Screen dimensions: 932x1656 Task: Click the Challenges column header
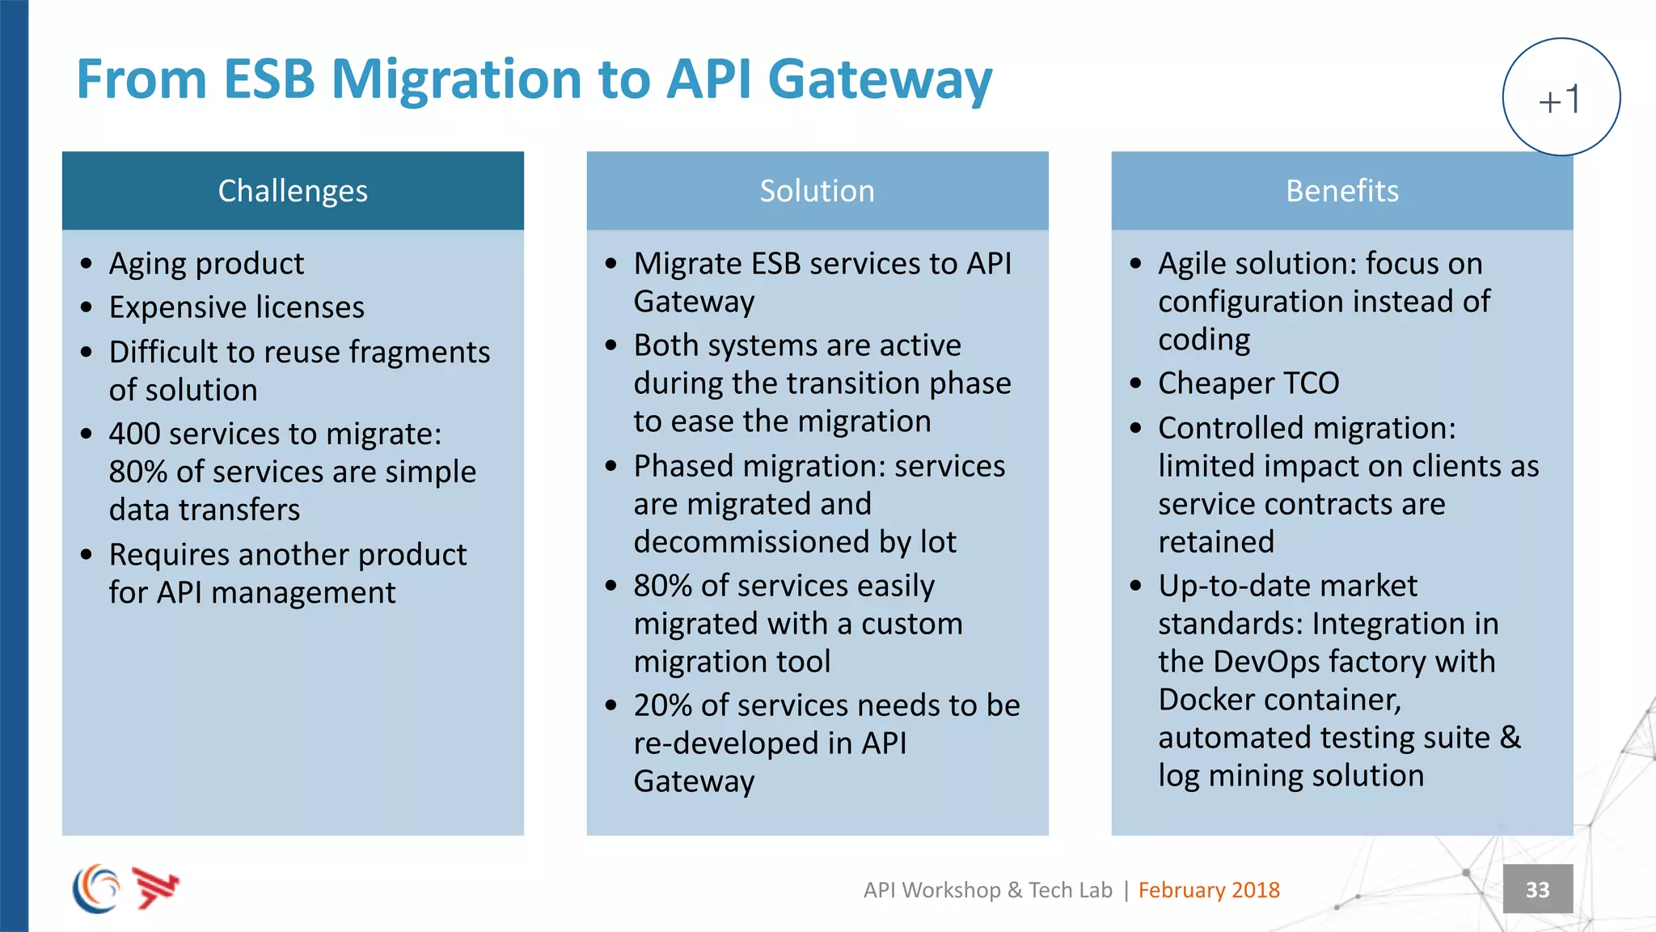293,191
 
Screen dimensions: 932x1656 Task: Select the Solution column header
817,191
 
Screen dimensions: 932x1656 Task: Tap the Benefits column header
1341,191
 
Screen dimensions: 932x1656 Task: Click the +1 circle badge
1561,97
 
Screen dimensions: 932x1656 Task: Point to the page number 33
1537,889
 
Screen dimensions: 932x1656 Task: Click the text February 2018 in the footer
1208,890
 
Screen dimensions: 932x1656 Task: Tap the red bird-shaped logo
155,888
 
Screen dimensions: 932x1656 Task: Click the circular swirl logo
96,888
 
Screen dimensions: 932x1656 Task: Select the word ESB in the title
268,79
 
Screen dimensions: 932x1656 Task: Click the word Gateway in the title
879,81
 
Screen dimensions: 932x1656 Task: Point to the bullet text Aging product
206,264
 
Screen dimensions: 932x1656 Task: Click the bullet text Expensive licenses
236,307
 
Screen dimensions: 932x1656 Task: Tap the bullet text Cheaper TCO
1248,383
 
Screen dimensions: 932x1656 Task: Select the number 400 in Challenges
134,434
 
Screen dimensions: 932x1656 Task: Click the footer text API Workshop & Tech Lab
987,890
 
